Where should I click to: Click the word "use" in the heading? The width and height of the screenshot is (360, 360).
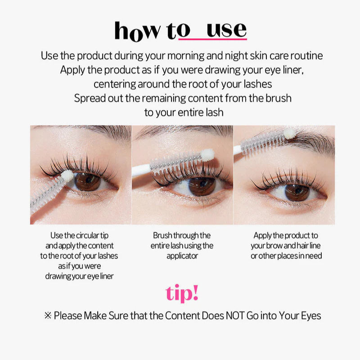pos(226,30)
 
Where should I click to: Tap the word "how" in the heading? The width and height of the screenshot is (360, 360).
pos(137,31)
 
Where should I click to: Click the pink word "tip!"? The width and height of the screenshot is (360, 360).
pos(182,293)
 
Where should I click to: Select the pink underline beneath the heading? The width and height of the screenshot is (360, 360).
pos(212,40)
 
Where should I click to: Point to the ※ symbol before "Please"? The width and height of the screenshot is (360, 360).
pos(48,316)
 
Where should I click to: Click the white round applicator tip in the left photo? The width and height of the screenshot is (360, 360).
pos(67,175)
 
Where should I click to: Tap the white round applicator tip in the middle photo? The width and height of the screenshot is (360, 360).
pos(207,154)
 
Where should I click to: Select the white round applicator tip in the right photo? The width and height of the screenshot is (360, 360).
pos(289,133)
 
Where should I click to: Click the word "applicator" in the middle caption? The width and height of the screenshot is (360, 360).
pos(182,256)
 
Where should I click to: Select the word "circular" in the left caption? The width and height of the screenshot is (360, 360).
pos(87,235)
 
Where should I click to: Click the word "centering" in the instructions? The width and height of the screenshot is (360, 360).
pos(115,84)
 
